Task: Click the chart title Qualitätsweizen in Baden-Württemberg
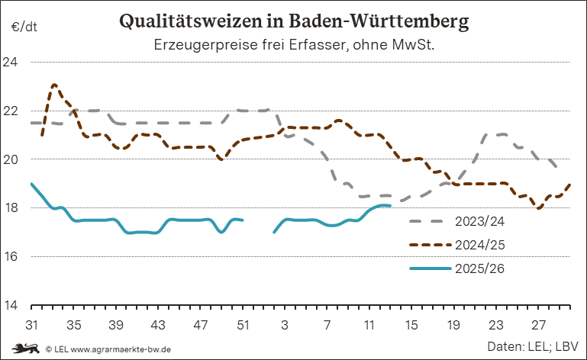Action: [294, 21]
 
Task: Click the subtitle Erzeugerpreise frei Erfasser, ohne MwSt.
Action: [294, 45]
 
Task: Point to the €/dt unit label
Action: [24, 27]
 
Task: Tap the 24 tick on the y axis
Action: [14, 62]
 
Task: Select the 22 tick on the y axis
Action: [14, 111]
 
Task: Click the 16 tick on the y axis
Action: [14, 257]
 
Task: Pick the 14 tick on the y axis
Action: [14, 306]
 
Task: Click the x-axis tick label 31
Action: [31, 324]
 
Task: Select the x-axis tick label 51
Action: [243, 324]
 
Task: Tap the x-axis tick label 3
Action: [285, 324]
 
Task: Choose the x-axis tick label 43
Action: [158, 324]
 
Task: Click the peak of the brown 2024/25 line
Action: [54, 85]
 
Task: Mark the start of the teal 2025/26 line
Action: [31, 184]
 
